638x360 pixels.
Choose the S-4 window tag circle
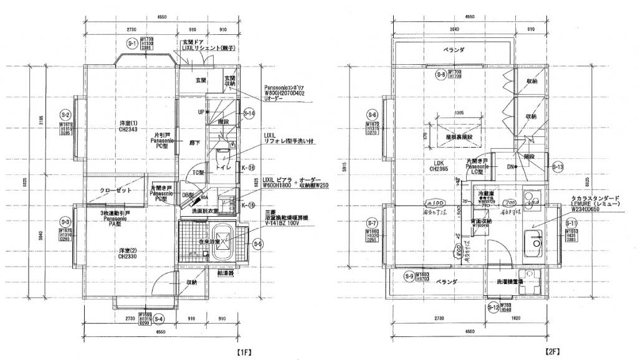pyautogui.click(x=159, y=320)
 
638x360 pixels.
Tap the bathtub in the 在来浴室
pyautogui.click(x=223, y=250)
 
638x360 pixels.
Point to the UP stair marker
pyautogui.click(x=200, y=113)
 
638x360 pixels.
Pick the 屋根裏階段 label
pyautogui.click(x=459, y=136)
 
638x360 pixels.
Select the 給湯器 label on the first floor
pyautogui.click(x=224, y=272)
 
